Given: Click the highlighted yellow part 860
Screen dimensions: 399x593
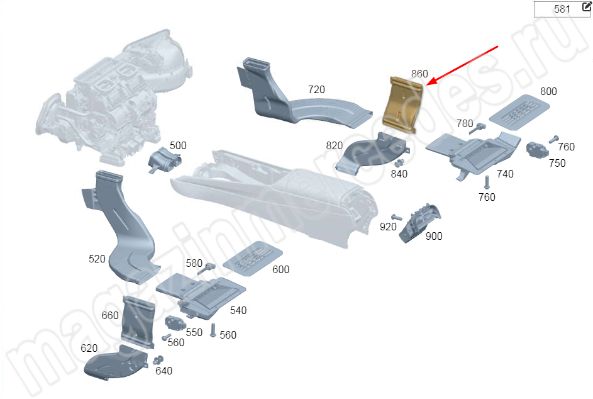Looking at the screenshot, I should pos(402,103).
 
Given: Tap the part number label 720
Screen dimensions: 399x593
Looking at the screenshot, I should pos(316,90).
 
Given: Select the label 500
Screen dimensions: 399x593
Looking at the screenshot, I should pos(178,145).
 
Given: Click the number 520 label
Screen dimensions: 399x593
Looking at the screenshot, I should pos(97,259).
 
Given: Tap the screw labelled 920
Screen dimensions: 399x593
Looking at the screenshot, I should pos(397,218).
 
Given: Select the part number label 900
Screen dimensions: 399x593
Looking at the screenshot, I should pos(434,237).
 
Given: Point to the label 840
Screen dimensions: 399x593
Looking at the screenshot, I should pos(399,174).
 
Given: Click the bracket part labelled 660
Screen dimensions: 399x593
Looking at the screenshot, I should pos(138,321).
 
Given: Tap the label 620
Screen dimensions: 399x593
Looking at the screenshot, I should pos(89,348).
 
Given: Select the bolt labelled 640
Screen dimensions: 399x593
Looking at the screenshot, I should pos(157,360).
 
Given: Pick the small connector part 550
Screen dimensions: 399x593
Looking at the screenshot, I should pos(174,324).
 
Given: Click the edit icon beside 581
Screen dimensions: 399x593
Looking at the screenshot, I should pos(587,7).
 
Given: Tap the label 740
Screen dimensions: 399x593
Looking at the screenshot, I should pos(505,174).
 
